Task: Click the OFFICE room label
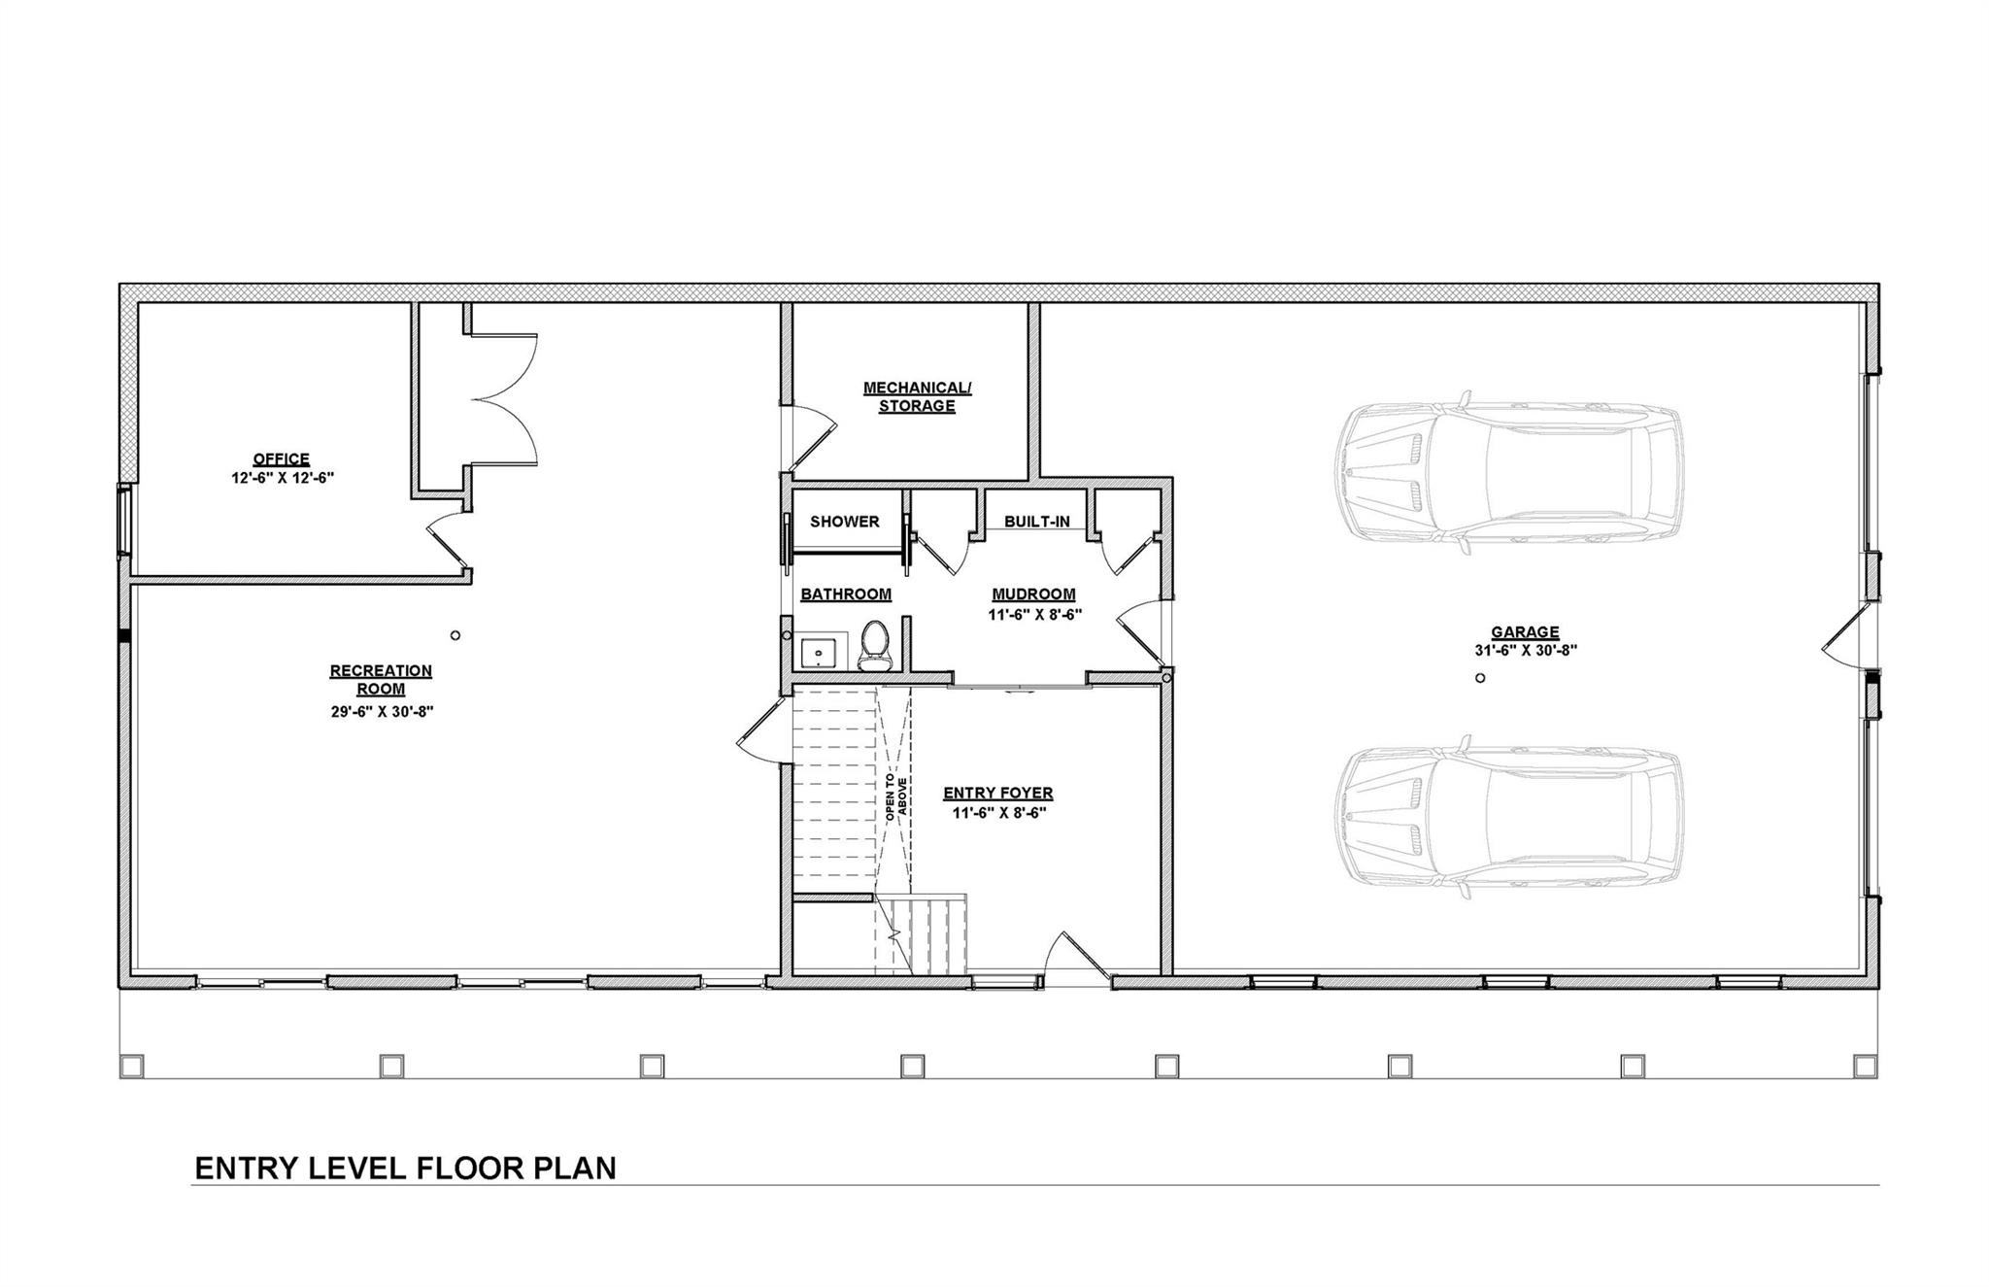[x=281, y=458]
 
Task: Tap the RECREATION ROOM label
[x=381, y=680]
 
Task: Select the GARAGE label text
[x=1525, y=632]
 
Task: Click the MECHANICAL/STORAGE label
[x=917, y=396]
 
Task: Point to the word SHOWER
[x=844, y=522]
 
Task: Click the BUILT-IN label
[x=1036, y=522]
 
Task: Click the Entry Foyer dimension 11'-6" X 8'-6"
[x=998, y=813]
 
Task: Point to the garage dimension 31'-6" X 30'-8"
[x=1525, y=651]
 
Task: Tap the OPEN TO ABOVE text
[x=895, y=798]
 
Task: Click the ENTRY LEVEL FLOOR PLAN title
[x=405, y=1168]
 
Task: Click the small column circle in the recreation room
[x=455, y=635]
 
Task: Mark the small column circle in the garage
[x=1480, y=678]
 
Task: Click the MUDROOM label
[x=1033, y=594]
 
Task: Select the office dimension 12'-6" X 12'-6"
[x=282, y=478]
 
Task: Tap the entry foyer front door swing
[x=1078, y=957]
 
